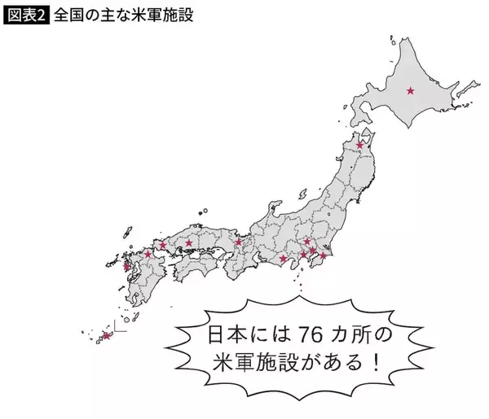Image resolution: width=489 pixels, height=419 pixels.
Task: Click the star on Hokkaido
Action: point(410,90)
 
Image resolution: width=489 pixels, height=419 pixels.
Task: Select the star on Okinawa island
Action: point(107,335)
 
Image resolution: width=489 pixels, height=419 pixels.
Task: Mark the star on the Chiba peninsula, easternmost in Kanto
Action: point(323,256)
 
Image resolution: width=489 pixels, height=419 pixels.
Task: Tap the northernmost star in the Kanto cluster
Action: point(306,241)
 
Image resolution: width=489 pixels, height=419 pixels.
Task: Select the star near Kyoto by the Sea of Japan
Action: point(238,242)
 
